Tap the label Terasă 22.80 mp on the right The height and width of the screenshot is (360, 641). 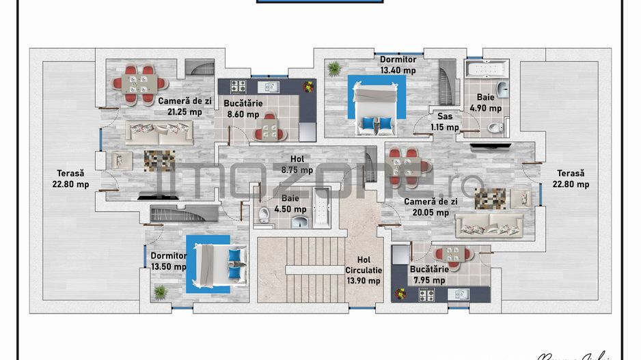(x=572, y=179)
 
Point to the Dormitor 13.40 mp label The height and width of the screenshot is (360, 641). (x=398, y=65)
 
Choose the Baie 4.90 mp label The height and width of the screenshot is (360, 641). (x=485, y=103)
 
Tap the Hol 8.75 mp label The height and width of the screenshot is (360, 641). (x=297, y=165)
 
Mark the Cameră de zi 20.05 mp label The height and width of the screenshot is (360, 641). (x=426, y=207)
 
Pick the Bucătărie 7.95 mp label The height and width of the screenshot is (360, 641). (x=428, y=275)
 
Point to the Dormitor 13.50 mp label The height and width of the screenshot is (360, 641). (x=168, y=262)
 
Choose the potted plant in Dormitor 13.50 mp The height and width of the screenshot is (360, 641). (x=161, y=292)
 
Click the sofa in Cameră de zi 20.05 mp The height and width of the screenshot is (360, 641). (x=489, y=224)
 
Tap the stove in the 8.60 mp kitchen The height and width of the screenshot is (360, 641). (x=238, y=87)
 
